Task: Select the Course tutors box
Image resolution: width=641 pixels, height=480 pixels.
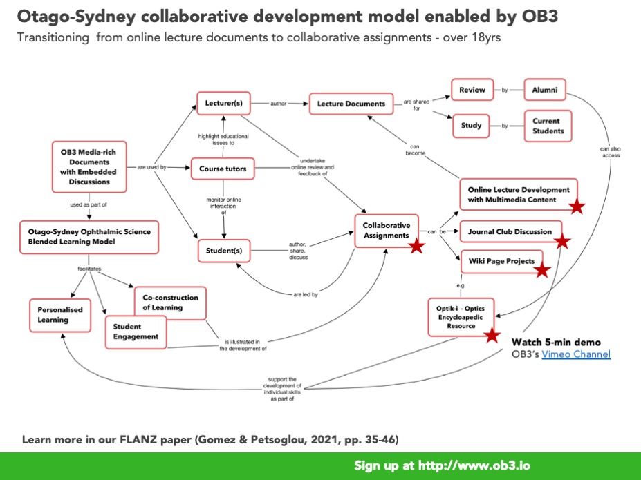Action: pyautogui.click(x=223, y=168)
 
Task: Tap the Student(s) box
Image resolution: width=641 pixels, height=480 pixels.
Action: pyautogui.click(x=223, y=251)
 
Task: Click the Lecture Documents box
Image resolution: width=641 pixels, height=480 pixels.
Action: pyautogui.click(x=351, y=104)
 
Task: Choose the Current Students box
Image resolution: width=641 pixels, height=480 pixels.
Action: pyautogui.click(x=547, y=126)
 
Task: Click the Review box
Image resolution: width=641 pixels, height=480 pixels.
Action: pyautogui.click(x=474, y=89)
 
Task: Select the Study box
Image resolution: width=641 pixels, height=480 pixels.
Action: pyautogui.click(x=472, y=126)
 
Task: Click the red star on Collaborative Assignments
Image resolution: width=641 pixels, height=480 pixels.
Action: pyautogui.click(x=416, y=246)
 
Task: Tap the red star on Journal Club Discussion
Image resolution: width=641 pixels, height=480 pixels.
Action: pyautogui.click(x=562, y=241)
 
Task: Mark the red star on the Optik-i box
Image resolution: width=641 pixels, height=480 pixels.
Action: pyautogui.click(x=492, y=335)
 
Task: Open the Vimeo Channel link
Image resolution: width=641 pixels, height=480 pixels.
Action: pyautogui.click(x=576, y=354)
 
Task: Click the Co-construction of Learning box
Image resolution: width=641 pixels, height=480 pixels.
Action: pyautogui.click(x=170, y=303)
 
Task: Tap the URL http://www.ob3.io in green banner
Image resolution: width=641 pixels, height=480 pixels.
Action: pyautogui.click(x=476, y=465)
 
